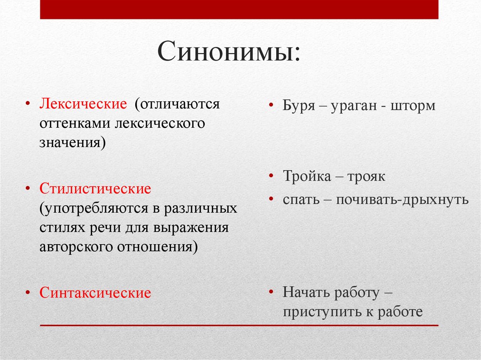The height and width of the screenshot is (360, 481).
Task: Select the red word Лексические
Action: [83, 104]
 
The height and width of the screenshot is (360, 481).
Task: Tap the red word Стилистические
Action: [95, 189]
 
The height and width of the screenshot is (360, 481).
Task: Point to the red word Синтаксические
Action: [95, 293]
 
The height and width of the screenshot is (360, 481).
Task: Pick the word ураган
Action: [352, 106]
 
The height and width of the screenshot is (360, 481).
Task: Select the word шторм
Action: [412, 106]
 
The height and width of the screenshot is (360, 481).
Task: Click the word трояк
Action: [366, 177]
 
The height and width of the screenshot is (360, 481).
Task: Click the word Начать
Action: [305, 293]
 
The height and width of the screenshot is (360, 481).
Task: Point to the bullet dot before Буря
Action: [272, 106]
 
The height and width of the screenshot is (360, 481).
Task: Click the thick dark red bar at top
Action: [239, 9]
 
